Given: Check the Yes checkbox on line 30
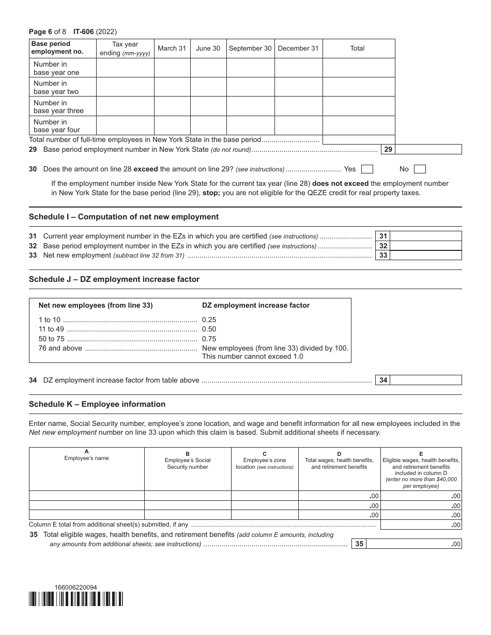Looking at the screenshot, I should click(367, 169).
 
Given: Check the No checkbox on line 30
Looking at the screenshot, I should click(420, 169).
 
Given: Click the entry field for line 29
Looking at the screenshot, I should click(428, 150).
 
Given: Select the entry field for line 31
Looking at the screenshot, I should click(426, 236).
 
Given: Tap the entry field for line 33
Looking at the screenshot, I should click(426, 255).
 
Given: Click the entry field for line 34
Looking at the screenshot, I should click(426, 380).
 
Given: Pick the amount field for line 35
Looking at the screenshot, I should click(413, 544).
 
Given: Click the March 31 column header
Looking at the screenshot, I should click(172, 49).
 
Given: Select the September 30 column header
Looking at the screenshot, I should click(250, 49).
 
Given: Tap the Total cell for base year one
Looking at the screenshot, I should click(359, 68).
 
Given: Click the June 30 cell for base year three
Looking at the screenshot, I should click(208, 107).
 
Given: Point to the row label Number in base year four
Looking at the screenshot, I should click(57, 126).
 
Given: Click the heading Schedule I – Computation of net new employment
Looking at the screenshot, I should click(124, 217).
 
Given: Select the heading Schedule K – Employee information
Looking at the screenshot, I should click(97, 404).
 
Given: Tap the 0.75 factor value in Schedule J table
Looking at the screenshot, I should click(209, 339).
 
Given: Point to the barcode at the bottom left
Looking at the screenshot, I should click(76, 599).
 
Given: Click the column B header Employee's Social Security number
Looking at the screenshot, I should click(188, 464).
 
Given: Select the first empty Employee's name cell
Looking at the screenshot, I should click(86, 496).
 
